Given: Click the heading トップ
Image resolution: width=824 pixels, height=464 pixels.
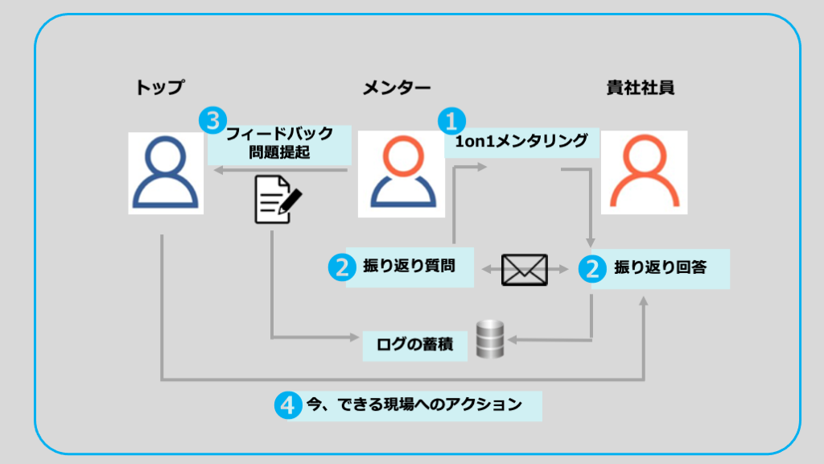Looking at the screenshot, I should pyautogui.click(x=160, y=87).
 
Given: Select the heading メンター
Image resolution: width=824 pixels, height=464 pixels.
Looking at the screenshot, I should pyautogui.click(x=397, y=87).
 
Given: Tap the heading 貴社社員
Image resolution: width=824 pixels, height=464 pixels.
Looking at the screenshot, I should pyautogui.click(x=641, y=87).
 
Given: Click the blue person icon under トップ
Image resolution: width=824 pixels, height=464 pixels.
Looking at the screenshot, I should pyautogui.click(x=166, y=172).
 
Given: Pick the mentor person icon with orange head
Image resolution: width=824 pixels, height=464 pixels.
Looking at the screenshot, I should pyautogui.click(x=400, y=172).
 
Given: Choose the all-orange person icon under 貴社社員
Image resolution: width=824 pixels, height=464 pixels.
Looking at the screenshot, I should pyautogui.click(x=645, y=172).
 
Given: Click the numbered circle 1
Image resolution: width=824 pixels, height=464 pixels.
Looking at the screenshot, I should pyautogui.click(x=451, y=122).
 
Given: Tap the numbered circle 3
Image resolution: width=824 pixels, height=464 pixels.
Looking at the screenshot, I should pyautogui.click(x=212, y=122).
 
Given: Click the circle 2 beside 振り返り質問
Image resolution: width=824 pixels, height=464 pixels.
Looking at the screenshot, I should pyautogui.click(x=342, y=268).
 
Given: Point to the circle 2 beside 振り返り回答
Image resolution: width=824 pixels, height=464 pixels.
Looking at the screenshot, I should pyautogui.click(x=593, y=268).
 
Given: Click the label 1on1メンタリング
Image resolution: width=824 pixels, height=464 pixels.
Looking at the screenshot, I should pyautogui.click(x=521, y=143).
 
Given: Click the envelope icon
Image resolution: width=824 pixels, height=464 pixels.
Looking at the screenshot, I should pyautogui.click(x=524, y=269).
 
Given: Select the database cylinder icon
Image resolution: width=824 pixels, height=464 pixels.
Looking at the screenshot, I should pyautogui.click(x=489, y=339).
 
